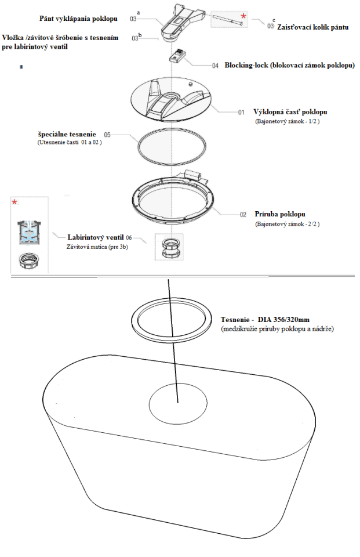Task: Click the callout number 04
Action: (x=215, y=66)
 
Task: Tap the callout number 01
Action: (x=241, y=112)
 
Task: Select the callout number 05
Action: (x=107, y=134)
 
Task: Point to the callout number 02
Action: (x=243, y=215)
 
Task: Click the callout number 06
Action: (x=129, y=237)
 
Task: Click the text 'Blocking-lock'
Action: (x=245, y=66)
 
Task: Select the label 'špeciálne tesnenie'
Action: (x=67, y=134)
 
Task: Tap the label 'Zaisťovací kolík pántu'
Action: (x=313, y=27)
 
